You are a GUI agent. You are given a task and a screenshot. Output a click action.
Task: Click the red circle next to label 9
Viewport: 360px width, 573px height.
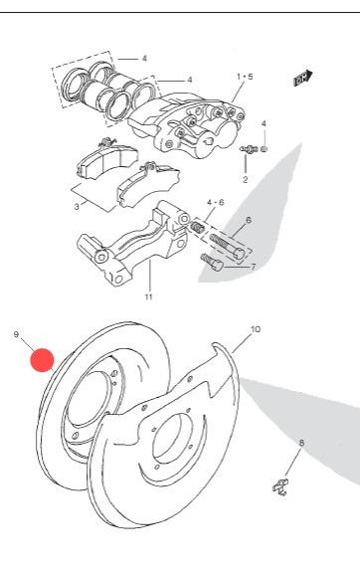click(x=42, y=359)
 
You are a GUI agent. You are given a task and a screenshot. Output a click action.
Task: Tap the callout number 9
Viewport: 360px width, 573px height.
click(x=16, y=334)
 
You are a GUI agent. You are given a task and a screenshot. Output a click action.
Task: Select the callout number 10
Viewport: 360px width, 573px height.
click(x=256, y=329)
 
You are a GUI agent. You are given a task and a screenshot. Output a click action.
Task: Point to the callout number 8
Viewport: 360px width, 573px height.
click(x=301, y=443)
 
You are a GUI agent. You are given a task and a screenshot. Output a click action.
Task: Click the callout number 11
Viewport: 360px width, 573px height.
click(x=148, y=296)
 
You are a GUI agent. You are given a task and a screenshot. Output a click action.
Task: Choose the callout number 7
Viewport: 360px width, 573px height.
click(x=254, y=268)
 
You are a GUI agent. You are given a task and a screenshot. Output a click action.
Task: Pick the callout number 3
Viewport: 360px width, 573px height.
click(x=77, y=207)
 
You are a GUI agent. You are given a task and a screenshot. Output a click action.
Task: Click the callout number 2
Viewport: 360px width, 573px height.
click(x=245, y=179)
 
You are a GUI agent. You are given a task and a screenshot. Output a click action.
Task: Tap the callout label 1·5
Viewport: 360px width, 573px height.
click(x=245, y=77)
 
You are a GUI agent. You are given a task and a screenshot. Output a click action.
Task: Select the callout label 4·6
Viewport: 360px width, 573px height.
click(x=215, y=203)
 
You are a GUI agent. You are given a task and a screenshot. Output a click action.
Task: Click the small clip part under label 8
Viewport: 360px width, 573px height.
click(x=280, y=487)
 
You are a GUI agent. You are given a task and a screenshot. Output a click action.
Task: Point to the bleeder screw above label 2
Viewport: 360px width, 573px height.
click(x=249, y=149)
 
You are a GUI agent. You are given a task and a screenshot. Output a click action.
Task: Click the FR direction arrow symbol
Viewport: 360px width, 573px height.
click(x=303, y=78)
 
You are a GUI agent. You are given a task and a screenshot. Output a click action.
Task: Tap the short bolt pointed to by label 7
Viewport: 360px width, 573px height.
click(x=211, y=262)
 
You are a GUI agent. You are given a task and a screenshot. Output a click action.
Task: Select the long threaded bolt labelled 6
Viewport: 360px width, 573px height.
click(x=227, y=247)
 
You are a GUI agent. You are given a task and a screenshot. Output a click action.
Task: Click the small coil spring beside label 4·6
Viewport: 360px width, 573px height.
click(x=197, y=228)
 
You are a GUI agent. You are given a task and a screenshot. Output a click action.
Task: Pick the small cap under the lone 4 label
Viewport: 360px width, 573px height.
click(x=265, y=149)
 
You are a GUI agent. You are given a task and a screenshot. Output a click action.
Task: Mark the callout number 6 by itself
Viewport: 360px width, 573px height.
click(x=249, y=220)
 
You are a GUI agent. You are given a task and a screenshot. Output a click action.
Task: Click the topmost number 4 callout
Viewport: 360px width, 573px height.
click(x=144, y=59)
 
